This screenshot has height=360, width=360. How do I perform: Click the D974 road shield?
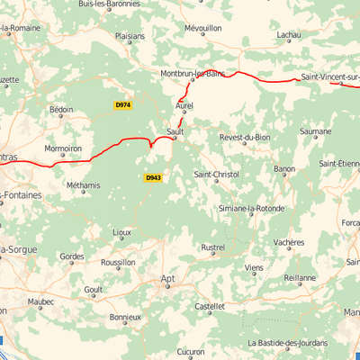(x=123, y=105)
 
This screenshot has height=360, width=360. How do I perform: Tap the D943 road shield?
(x=153, y=177)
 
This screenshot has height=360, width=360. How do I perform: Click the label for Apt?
(x=167, y=279)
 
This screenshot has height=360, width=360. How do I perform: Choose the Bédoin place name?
(x=62, y=110)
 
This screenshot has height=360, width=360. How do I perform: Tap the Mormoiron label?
(x=63, y=148)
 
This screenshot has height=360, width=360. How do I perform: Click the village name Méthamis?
(x=84, y=186)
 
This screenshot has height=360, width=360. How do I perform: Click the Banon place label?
(x=284, y=168)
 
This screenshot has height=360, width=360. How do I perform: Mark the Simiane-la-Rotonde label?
(x=251, y=209)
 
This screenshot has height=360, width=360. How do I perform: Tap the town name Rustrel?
(x=213, y=247)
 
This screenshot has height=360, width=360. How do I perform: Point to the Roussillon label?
(x=118, y=262)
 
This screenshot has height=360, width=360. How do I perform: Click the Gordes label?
(x=72, y=256)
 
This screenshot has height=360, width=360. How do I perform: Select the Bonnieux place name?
(x=125, y=317)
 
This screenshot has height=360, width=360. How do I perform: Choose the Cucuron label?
(x=191, y=351)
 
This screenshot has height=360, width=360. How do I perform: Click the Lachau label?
(x=289, y=34)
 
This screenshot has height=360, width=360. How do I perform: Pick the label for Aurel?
(x=184, y=105)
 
